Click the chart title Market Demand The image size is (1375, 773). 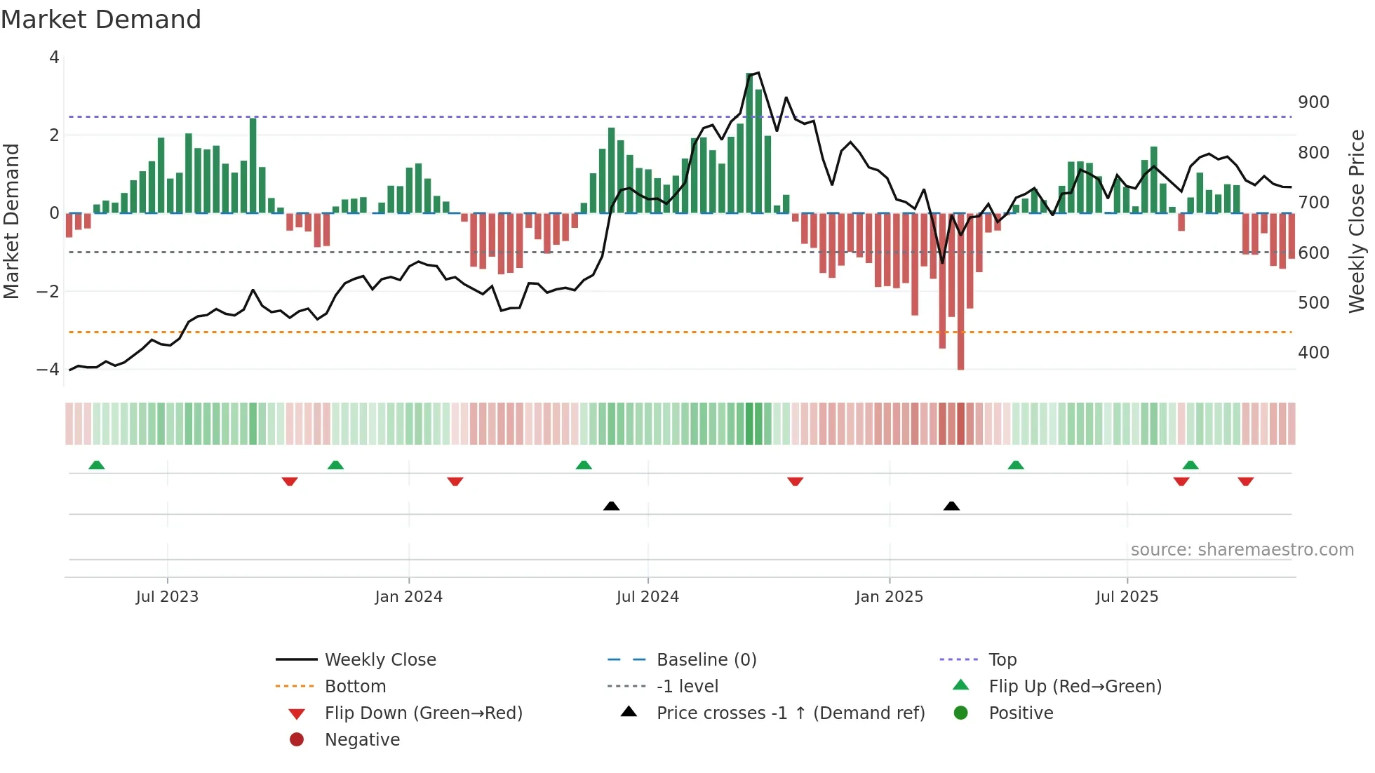pos(101,19)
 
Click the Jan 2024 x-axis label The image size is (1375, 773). pos(408,597)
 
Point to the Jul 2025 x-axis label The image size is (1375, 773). pos(1127,597)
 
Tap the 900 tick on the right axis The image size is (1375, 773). pos(1313,102)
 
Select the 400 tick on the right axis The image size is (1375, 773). pos(1313,353)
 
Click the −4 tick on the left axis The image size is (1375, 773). pos(48,369)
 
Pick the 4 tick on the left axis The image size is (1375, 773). pos(54,58)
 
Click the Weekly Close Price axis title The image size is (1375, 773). pos(1357,221)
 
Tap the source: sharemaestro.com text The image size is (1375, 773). pos(1242,550)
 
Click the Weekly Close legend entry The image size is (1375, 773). pos(380,660)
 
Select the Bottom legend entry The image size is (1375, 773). pos(355,687)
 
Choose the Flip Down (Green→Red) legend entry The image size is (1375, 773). pos(423,713)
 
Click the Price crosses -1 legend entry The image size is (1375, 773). pos(791,713)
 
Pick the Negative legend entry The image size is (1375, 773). pos(362,740)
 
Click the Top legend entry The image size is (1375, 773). pos(1002,660)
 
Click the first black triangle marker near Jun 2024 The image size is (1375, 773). pos(611,506)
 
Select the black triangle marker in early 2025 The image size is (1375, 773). pos(951,506)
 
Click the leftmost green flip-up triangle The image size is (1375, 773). pos(97,465)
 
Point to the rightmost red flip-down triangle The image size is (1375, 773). pos(1245,481)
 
